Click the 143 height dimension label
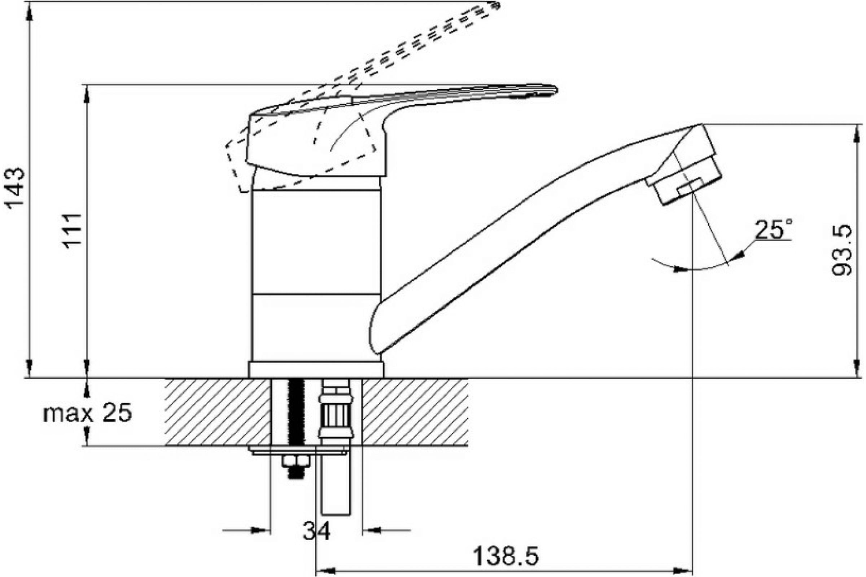click(x=16, y=188)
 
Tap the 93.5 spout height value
click(x=842, y=250)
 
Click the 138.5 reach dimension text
click(x=506, y=556)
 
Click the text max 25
click(x=87, y=414)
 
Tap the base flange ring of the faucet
click(x=316, y=369)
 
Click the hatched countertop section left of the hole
click(x=217, y=412)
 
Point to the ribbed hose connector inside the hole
click(x=336, y=413)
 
